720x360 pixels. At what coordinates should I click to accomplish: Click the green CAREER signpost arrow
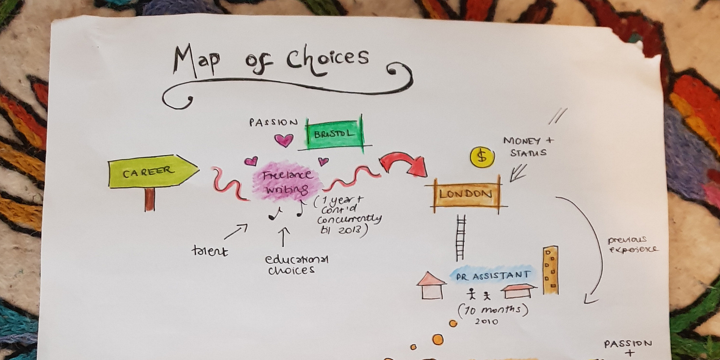[x=154, y=171]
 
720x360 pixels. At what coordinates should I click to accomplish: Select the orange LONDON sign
[x=466, y=194]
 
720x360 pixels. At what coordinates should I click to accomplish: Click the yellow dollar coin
[x=482, y=157]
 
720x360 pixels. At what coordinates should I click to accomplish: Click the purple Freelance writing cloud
[x=287, y=182]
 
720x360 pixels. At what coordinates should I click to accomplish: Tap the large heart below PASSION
[x=284, y=140]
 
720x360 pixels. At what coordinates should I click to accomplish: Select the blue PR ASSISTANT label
[x=493, y=275]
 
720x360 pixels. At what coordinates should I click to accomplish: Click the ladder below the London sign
[x=461, y=238]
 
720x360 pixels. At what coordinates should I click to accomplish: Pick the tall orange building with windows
[x=551, y=271]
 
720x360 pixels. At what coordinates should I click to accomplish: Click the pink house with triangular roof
[x=431, y=286]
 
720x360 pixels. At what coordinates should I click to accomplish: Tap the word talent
[x=210, y=251]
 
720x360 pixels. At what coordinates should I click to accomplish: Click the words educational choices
[x=296, y=265]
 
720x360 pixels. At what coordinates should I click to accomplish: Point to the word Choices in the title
[x=328, y=59]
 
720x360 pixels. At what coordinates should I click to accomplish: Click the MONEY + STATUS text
[x=529, y=147]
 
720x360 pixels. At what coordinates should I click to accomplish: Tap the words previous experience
[x=632, y=245]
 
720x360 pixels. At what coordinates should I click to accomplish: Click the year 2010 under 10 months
[x=487, y=321]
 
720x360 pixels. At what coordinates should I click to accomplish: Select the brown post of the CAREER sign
[x=150, y=200]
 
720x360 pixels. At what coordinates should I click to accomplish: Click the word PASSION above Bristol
[x=274, y=122]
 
